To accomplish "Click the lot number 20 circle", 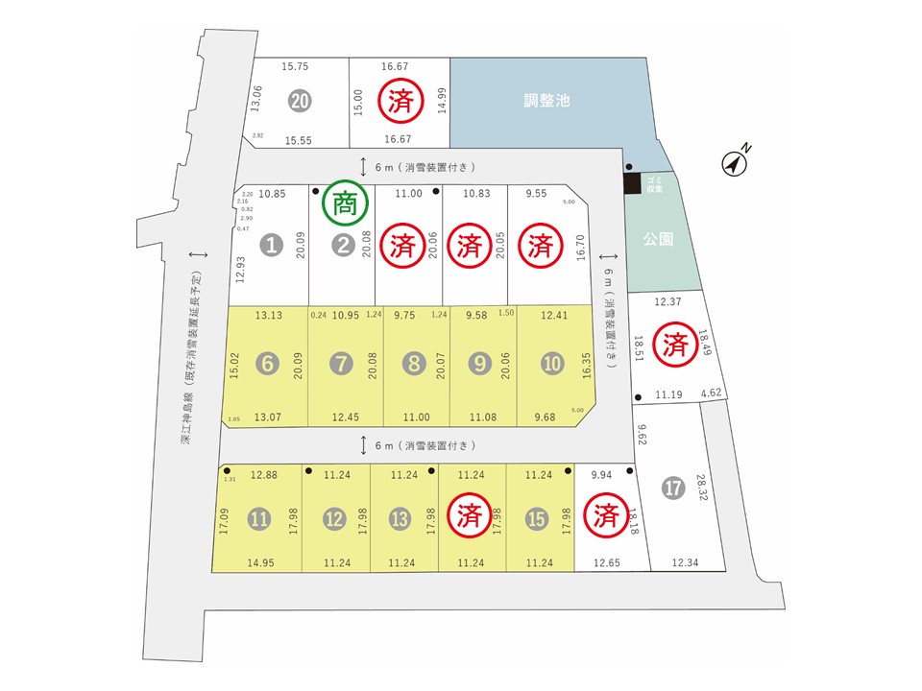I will tap(301, 101).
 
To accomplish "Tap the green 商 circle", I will tap(344, 203).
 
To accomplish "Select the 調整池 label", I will tap(547, 100).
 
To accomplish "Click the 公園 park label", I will tap(657, 239).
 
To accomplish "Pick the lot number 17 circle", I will tap(673, 488).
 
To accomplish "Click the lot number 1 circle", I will tap(273, 246).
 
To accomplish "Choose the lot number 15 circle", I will tap(536, 519).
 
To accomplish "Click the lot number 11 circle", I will tap(259, 519).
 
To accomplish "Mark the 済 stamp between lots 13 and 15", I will tap(470, 517).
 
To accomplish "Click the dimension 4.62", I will tap(711, 393).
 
